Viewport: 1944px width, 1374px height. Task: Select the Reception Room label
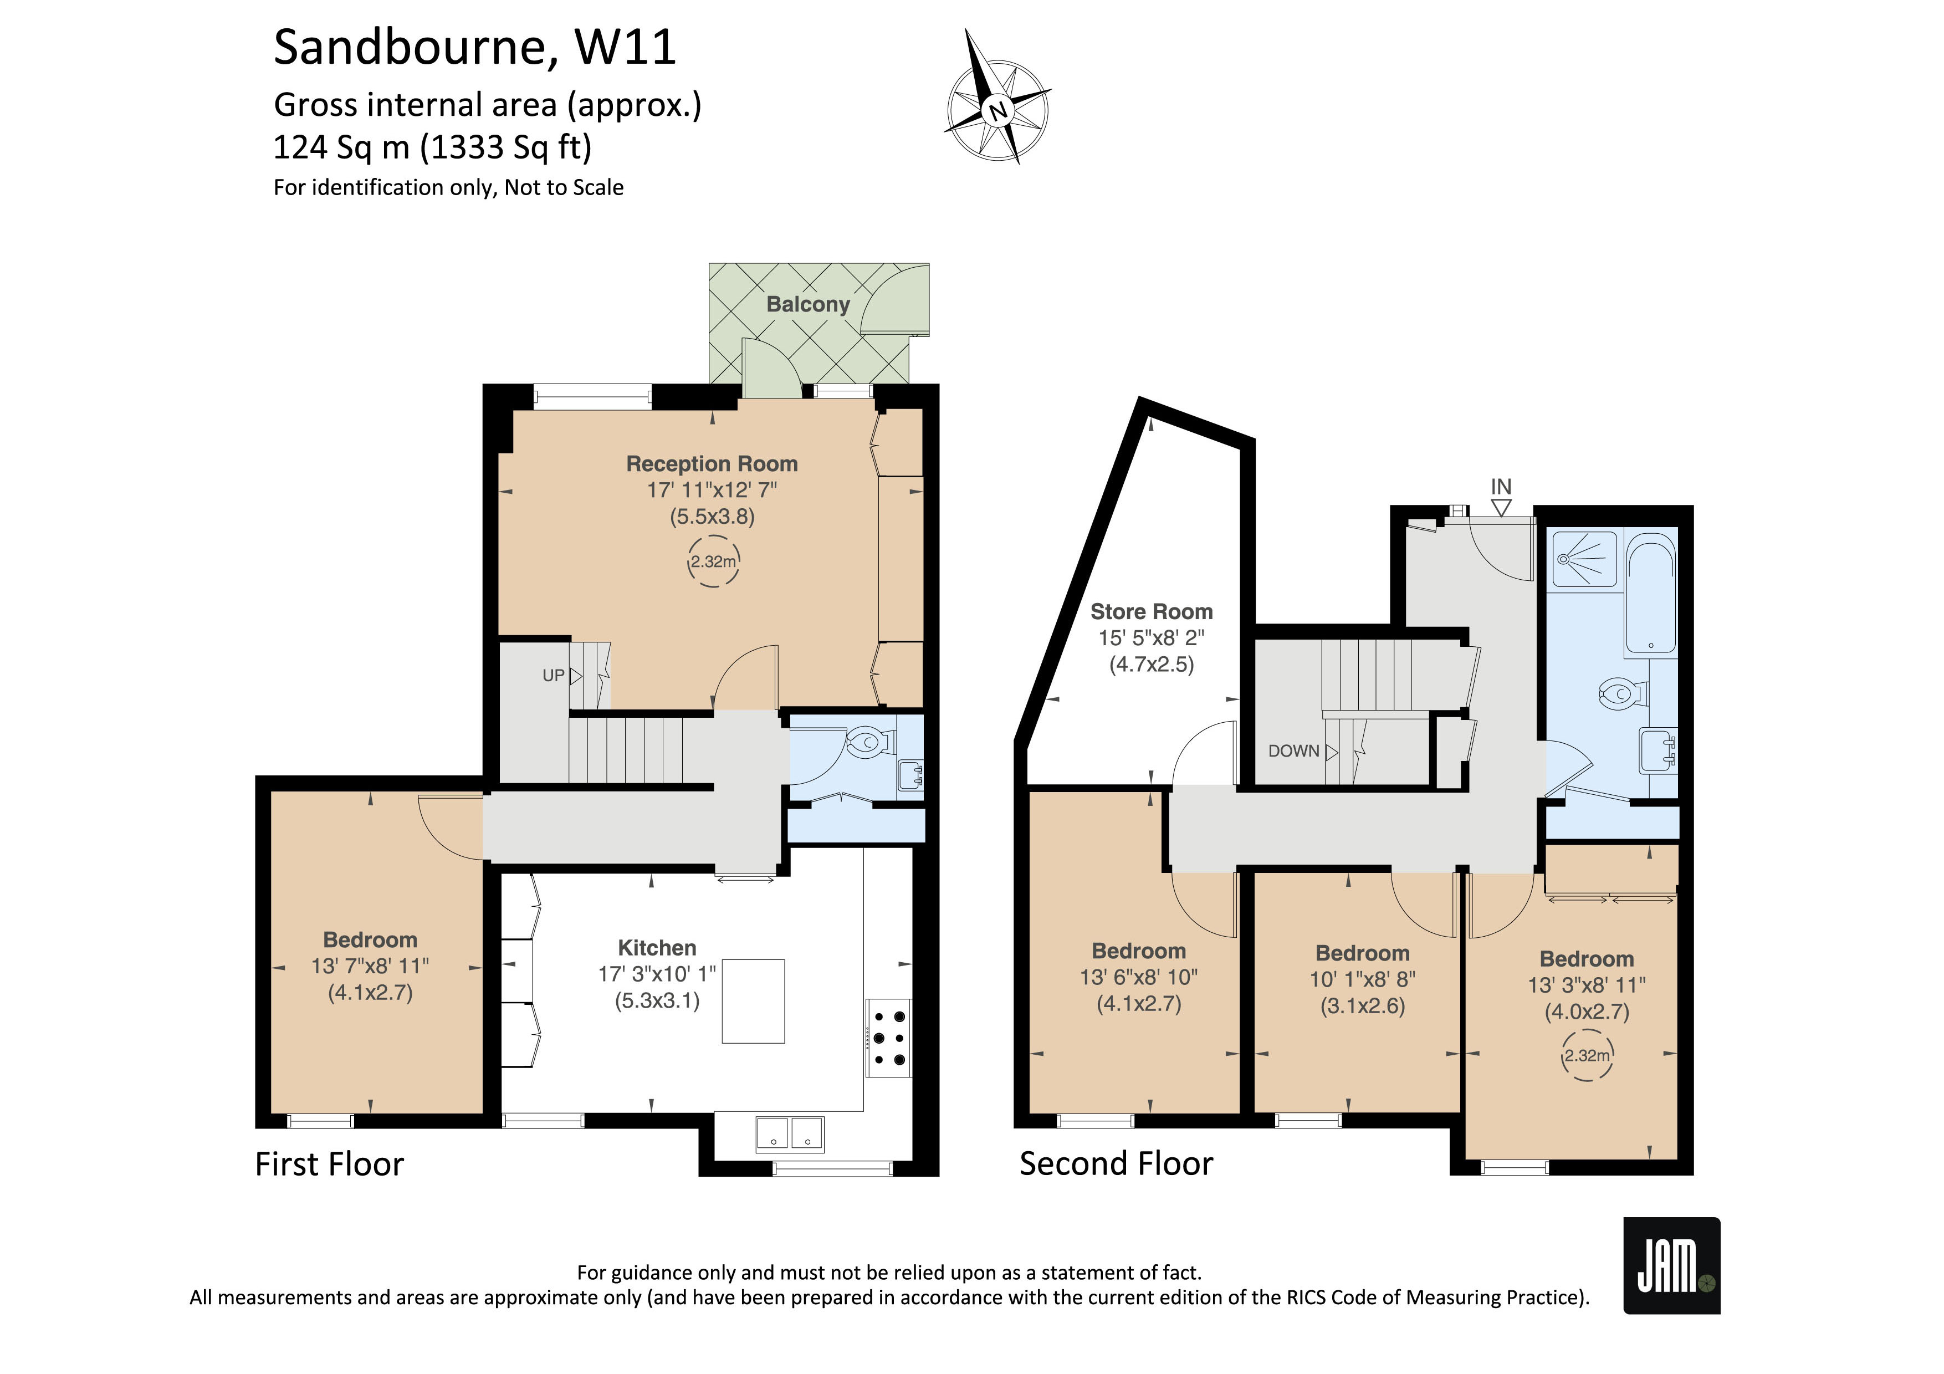(711, 464)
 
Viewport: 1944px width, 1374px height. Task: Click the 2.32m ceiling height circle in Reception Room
(713, 561)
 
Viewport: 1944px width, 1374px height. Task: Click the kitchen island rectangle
(753, 1000)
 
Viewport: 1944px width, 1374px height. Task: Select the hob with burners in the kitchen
(888, 1039)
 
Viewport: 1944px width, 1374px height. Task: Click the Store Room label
(1150, 612)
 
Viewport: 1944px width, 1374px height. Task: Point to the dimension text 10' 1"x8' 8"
(1362, 979)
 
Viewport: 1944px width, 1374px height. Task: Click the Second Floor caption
(1116, 1164)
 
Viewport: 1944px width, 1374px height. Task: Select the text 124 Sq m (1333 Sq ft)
(432, 147)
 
